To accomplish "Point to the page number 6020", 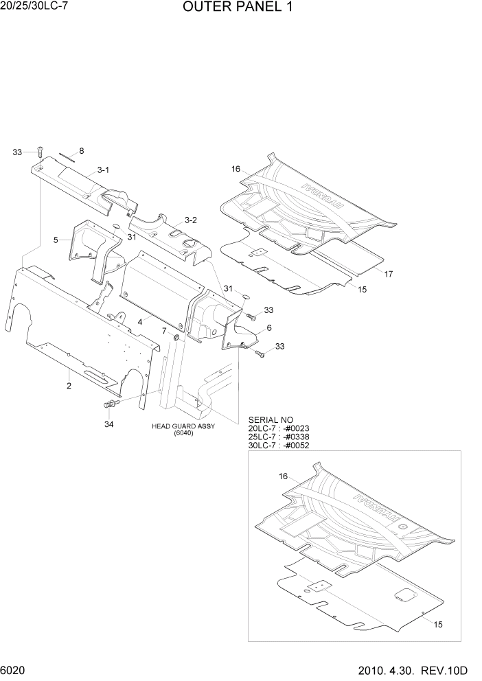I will pyautogui.click(x=16, y=669).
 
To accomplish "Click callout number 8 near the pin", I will pyautogui.click(x=82, y=151).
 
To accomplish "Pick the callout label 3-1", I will pyautogui.click(x=104, y=169).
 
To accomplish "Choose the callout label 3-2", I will pyautogui.click(x=191, y=220).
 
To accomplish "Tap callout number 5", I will pyautogui.click(x=56, y=240).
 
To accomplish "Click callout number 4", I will pyautogui.click(x=139, y=321).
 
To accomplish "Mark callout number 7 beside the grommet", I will pyautogui.click(x=163, y=331).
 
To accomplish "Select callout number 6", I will pyautogui.click(x=269, y=327).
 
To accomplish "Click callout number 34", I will pyautogui.click(x=108, y=424).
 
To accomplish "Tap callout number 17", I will pyautogui.click(x=389, y=274).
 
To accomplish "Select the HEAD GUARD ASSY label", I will pyautogui.click(x=183, y=426).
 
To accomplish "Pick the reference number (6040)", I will pyautogui.click(x=183, y=433).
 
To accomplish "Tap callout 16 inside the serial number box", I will pyautogui.click(x=283, y=476).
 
